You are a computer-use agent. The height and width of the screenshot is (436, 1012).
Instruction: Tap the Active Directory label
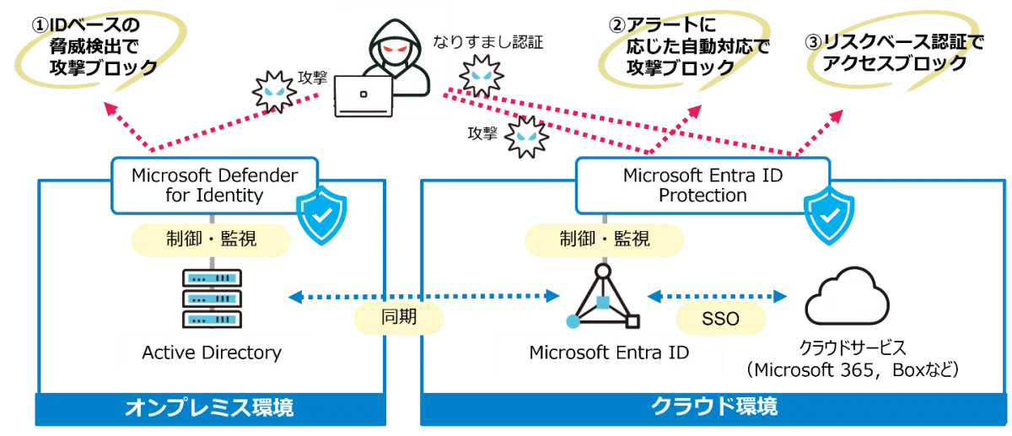tap(212, 352)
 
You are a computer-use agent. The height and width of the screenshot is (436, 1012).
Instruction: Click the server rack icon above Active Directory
tap(212, 298)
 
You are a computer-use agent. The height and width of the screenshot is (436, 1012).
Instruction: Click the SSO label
tap(720, 320)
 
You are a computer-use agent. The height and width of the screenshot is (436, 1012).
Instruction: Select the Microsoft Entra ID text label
tap(609, 352)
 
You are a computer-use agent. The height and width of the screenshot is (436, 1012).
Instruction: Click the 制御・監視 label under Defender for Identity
tap(211, 240)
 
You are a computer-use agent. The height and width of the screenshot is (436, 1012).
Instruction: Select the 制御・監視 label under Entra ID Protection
tap(605, 239)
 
